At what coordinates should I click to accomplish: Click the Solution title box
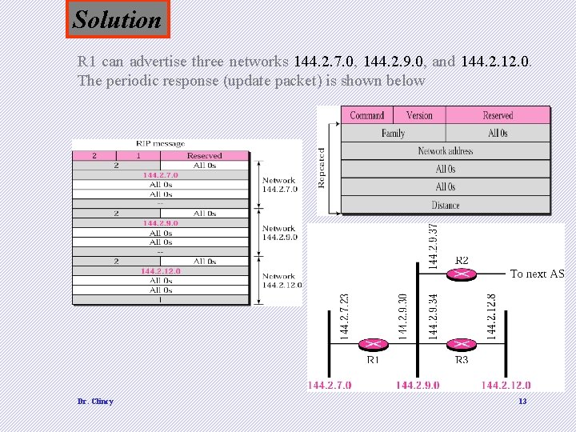tap(117, 19)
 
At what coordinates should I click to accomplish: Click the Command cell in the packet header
tap(366, 116)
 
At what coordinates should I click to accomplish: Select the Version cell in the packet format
tap(419, 116)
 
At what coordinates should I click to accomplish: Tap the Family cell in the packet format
tap(393, 134)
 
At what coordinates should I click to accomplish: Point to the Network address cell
tap(446, 151)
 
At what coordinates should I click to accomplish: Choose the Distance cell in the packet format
tap(446, 205)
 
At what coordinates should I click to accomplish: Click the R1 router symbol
tap(372, 344)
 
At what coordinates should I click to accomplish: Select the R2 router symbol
tap(462, 274)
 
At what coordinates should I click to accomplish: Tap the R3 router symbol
tap(462, 344)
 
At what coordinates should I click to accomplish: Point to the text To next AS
tap(537, 274)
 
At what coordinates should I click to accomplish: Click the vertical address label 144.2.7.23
tap(345, 315)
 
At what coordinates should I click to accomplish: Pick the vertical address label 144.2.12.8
tap(491, 315)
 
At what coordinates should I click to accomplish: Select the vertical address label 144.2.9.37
tap(433, 246)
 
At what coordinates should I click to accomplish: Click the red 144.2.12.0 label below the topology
tap(506, 386)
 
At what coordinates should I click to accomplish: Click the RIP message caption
tap(161, 144)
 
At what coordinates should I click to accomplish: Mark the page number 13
tap(522, 401)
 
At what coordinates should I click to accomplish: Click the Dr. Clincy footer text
tap(95, 401)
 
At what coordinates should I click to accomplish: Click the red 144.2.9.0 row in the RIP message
tap(161, 223)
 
